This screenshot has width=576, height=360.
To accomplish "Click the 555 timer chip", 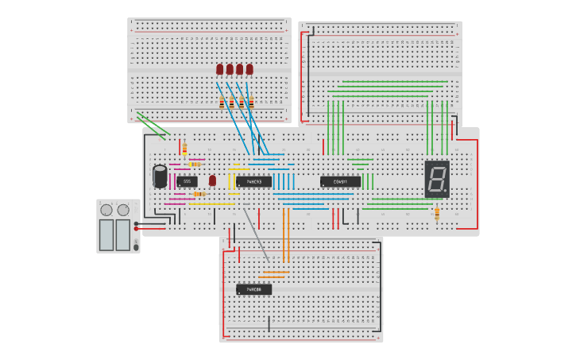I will pos(187,181).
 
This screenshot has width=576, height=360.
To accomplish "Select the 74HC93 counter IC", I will pos(253,181).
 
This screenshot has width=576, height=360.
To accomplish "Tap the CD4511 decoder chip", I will pos(340,181).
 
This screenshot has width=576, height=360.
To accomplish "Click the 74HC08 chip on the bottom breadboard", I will pos(253,289).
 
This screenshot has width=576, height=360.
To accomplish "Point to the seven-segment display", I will pos(437,179).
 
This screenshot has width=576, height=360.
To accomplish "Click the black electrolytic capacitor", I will pos(160,176).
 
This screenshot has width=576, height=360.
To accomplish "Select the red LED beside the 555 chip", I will pos(212,180).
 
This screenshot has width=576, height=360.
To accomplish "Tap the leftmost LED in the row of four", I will pos(220,69).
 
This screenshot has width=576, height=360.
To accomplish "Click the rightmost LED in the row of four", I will pos(249,69).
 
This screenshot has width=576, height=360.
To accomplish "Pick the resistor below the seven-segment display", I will pos(436,213).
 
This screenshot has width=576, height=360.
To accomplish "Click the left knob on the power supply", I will pos(106,210).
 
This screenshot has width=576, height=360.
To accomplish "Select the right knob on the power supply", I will pos(123,210).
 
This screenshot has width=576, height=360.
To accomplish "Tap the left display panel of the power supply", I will pos(106,234).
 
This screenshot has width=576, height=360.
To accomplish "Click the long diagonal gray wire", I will pos(256,234).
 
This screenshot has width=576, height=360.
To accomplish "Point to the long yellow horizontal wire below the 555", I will pos(211,204).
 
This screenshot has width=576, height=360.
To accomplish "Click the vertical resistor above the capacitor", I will pos(184,149).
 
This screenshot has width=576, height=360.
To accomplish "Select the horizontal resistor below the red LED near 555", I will pos(199,194).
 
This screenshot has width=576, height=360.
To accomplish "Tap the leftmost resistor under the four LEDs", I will pos(222,103).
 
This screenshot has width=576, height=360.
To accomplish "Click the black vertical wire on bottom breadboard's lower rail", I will pos(269,324).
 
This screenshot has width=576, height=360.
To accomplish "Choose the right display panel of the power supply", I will pos(123,234).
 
